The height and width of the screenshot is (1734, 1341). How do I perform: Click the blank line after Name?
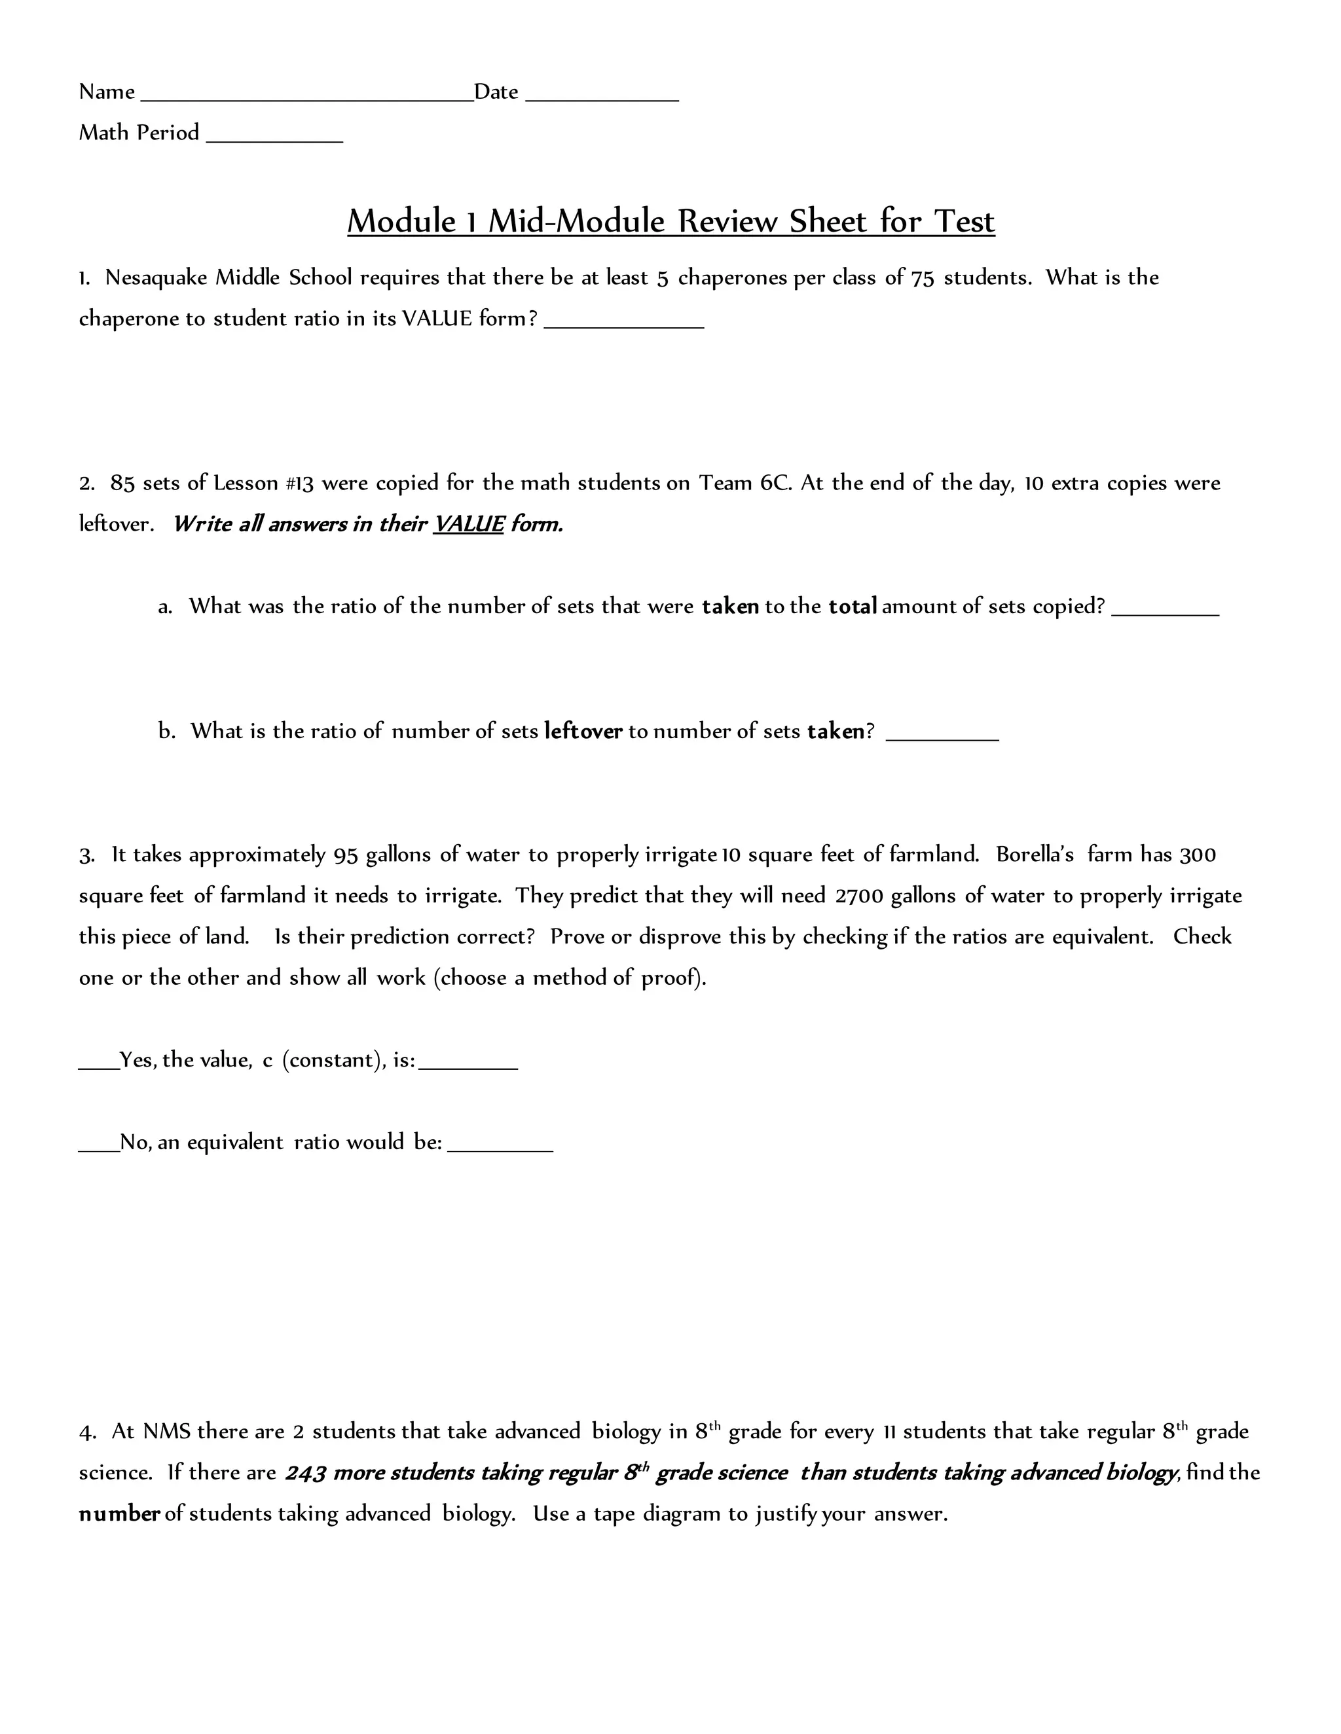pos(306,98)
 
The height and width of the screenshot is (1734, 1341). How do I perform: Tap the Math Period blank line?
pos(274,140)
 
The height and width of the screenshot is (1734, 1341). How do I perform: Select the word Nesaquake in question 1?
pos(156,278)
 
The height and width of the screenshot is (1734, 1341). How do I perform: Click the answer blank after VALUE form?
pos(623,325)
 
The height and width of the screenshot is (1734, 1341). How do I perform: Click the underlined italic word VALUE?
pos(468,525)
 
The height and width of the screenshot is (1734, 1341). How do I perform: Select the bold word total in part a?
pos(853,607)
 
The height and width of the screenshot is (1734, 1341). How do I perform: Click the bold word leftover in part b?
pos(583,732)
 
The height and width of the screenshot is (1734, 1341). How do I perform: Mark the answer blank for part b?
pos(942,737)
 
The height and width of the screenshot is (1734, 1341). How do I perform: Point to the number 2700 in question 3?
pos(859,896)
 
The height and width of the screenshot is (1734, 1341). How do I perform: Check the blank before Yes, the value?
pos(98,1067)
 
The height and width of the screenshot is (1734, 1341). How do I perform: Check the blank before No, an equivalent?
pos(98,1149)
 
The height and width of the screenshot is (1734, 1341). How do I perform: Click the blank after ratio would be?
pos(500,1149)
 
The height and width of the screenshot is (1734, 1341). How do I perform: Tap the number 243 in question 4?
pos(306,1474)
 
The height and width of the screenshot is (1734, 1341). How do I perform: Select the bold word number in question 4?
pos(119,1514)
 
